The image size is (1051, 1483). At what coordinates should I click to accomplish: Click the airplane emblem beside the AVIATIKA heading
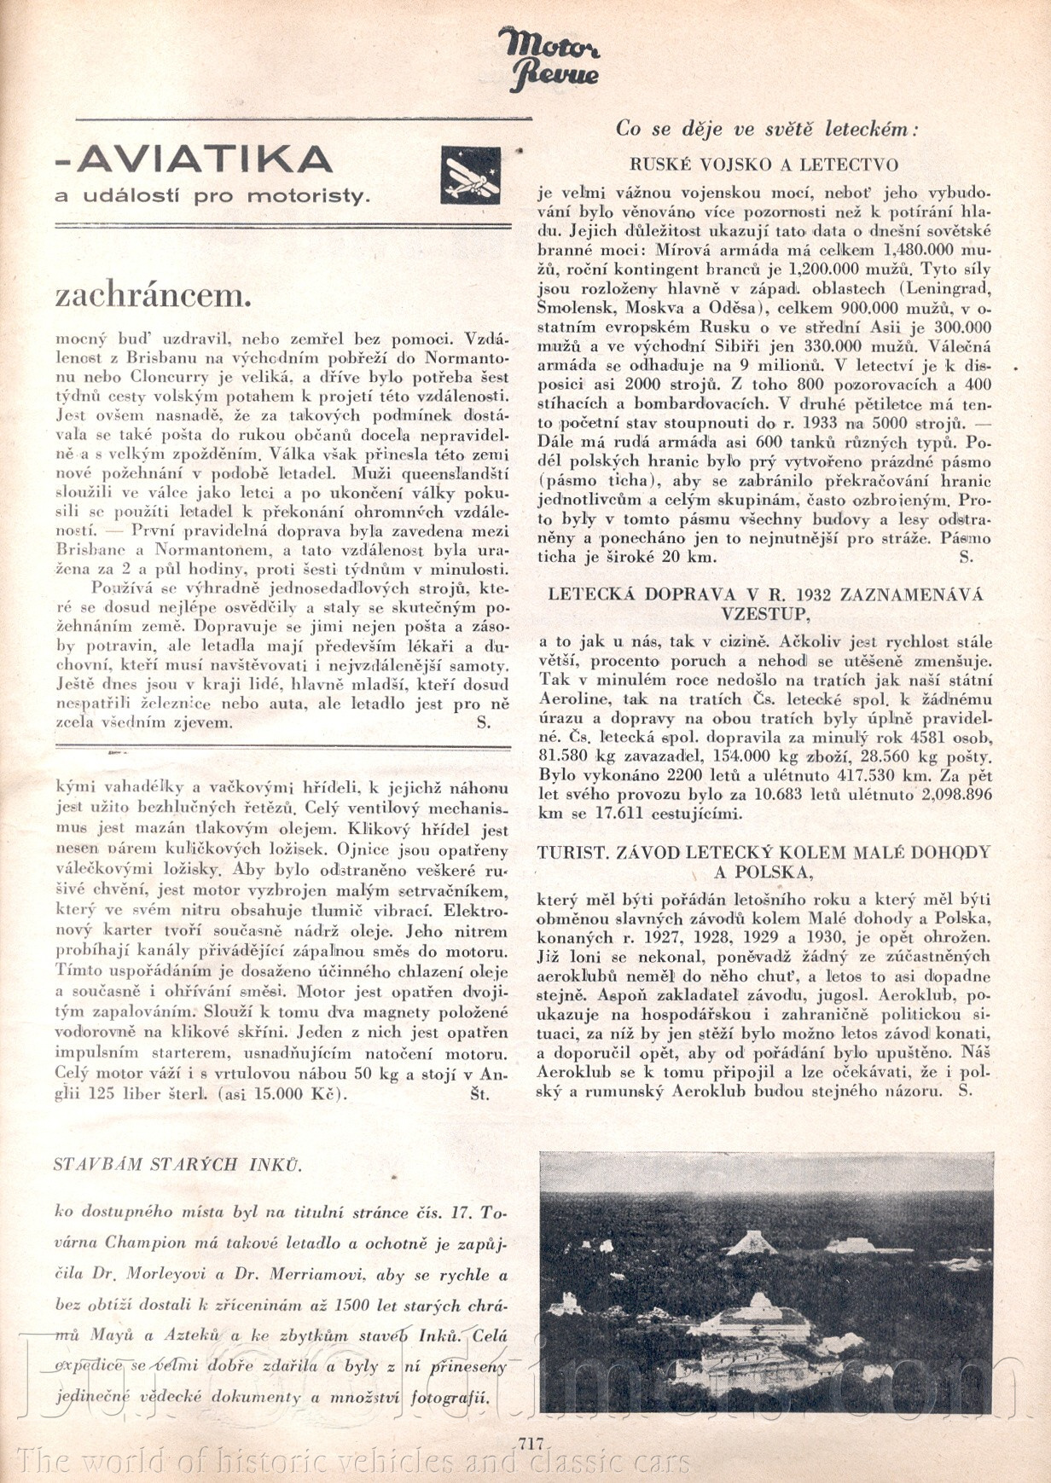click(470, 175)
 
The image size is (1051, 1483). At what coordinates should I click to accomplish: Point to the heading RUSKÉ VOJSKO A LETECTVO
click(764, 165)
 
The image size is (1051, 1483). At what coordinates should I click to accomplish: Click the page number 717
click(530, 1443)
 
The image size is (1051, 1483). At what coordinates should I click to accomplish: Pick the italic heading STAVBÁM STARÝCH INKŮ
click(177, 1165)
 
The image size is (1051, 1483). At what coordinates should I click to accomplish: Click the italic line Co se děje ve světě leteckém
click(766, 130)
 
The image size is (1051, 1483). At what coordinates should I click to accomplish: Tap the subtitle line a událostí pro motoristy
click(212, 196)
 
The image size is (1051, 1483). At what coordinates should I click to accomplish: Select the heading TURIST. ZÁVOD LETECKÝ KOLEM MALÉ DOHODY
click(764, 852)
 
